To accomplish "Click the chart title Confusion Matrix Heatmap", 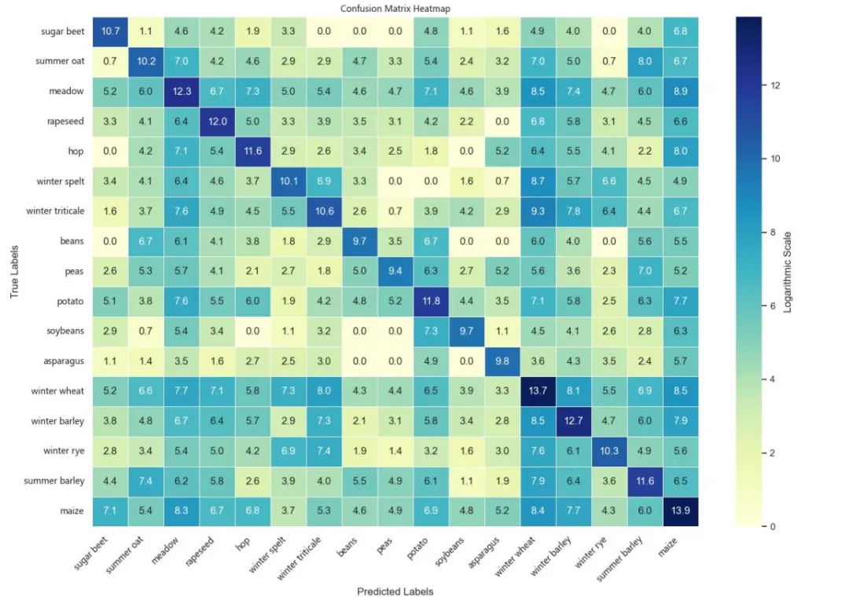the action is [x=395, y=9].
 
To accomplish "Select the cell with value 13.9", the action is [x=681, y=511].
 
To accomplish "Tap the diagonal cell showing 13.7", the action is [x=538, y=391].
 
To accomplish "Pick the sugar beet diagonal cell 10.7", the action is [x=110, y=31].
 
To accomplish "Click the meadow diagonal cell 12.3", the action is [x=182, y=91].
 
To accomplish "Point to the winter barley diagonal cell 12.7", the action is [x=573, y=421].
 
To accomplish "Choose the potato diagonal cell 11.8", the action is [x=431, y=301].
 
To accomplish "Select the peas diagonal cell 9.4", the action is [x=395, y=271].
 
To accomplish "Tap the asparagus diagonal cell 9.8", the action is [x=502, y=361].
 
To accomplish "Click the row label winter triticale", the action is [x=55, y=211].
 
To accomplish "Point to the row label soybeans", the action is [x=65, y=331].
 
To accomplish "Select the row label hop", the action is [x=75, y=151].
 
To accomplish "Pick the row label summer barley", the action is [x=54, y=481].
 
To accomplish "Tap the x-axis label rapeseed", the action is [x=199, y=551].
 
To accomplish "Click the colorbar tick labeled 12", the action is [x=775, y=86].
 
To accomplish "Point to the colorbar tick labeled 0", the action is [x=772, y=526].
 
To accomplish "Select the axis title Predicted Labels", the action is [x=395, y=591].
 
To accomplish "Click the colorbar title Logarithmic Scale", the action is [x=788, y=272].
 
